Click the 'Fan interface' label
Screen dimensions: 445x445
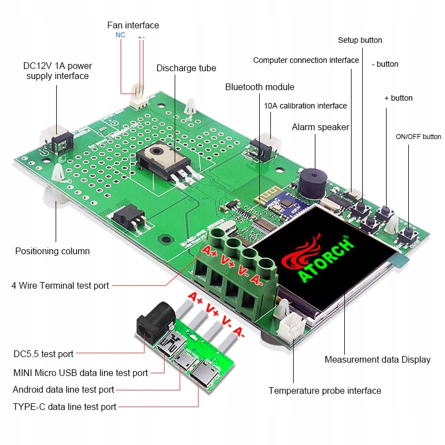coord(133,25)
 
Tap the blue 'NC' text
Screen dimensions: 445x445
coord(120,35)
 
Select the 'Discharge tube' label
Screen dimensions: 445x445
coord(186,68)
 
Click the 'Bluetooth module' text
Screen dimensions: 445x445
coord(260,87)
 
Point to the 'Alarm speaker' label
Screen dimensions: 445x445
coord(320,127)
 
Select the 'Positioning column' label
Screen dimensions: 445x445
coord(52,251)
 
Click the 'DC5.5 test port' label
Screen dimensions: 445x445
coord(43,354)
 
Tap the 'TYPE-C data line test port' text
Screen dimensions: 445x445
coord(65,407)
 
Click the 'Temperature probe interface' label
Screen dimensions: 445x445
coord(325,390)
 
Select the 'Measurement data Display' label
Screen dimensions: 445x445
coord(377,359)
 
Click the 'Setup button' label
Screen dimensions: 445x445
coord(360,40)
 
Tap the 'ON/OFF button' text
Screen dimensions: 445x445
coord(418,137)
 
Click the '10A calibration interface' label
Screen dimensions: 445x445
coord(305,106)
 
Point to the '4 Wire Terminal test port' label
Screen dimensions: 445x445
coord(60,285)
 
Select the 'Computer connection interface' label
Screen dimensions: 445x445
coord(306,60)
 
